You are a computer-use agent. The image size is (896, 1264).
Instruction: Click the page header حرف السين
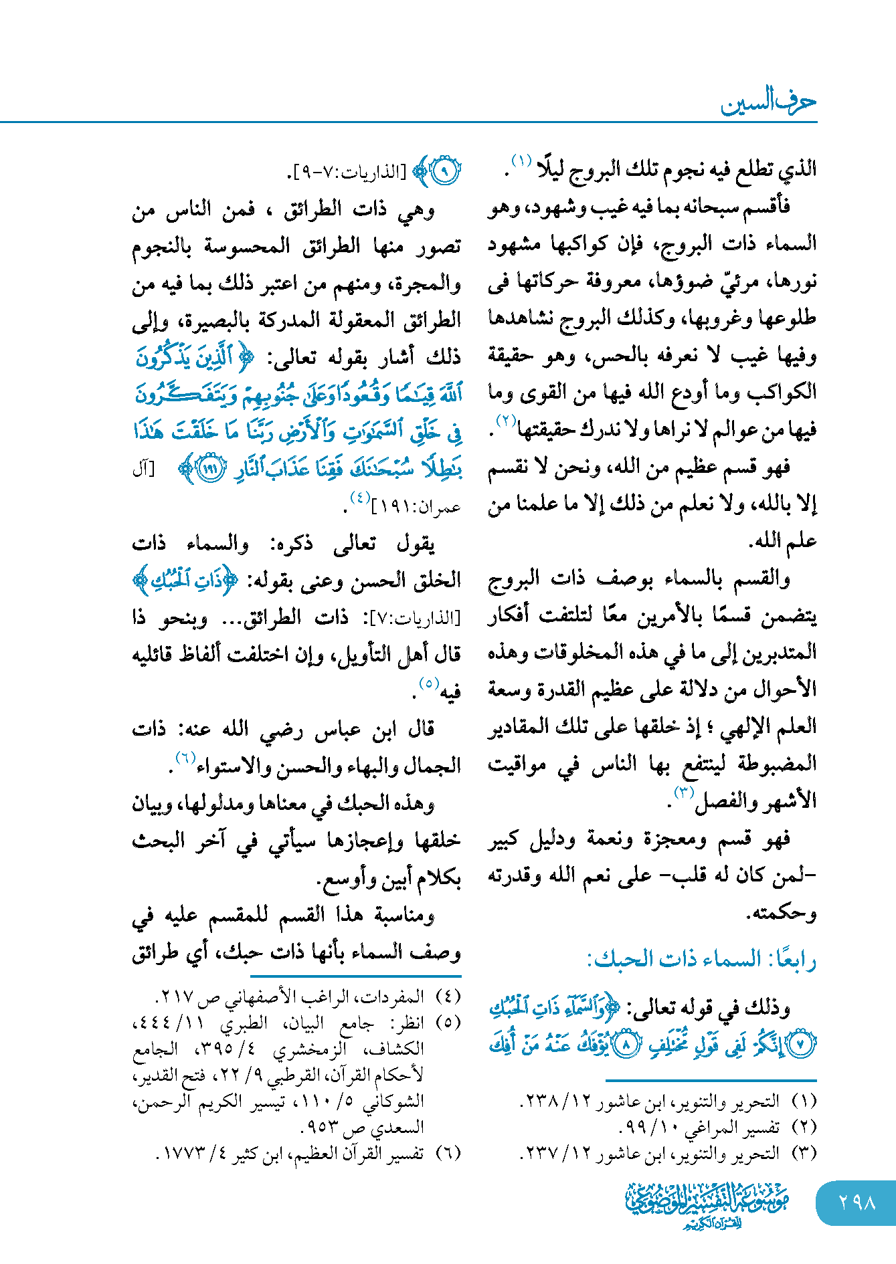point(768,102)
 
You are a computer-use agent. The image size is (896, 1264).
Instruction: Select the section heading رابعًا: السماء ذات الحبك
point(701,960)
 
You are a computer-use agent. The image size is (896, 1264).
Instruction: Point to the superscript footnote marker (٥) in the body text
point(428,683)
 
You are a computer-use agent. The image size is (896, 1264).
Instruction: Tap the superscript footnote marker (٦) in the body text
point(185,758)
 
